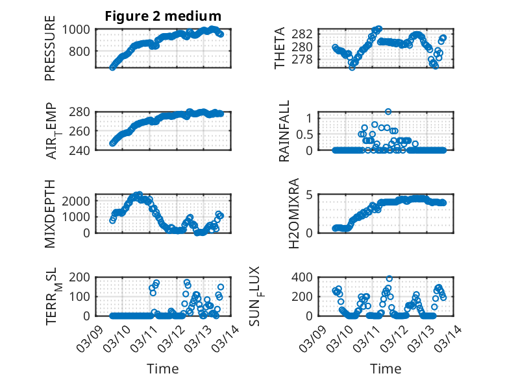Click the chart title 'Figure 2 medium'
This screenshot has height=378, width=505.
[164, 16]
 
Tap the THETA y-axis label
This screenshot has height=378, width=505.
[280, 49]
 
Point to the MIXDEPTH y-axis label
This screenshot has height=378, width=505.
[50, 213]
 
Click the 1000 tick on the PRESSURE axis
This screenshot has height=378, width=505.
[79, 29]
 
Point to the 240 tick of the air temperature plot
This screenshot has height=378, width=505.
[82, 150]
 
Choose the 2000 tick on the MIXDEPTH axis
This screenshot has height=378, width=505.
[79, 201]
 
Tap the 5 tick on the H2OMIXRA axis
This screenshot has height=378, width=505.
[310, 195]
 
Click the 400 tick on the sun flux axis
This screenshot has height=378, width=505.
[306, 278]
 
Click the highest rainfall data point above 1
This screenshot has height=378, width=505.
[388, 112]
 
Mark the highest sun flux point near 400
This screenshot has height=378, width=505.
[389, 279]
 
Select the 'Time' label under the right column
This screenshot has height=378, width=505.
[386, 368]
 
